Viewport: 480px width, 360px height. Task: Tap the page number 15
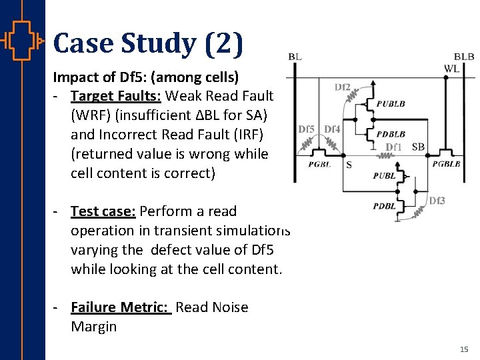click(x=464, y=349)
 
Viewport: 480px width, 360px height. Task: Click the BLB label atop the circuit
click(x=464, y=57)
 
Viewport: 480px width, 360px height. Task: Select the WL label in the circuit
click(x=452, y=68)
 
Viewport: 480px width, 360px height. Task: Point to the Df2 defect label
click(x=343, y=87)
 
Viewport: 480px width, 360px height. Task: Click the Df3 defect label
click(x=437, y=201)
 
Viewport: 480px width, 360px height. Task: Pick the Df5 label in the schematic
click(x=307, y=129)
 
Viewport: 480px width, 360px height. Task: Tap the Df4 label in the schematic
click(x=332, y=129)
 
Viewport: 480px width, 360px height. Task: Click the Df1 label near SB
click(x=394, y=147)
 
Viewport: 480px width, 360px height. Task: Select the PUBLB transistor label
click(x=390, y=104)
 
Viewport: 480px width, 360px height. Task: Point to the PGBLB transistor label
click(x=446, y=164)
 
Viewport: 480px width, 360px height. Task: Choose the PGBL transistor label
click(x=319, y=164)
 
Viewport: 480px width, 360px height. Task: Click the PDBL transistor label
click(x=385, y=206)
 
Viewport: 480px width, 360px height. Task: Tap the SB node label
click(x=418, y=147)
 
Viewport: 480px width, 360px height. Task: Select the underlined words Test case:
click(x=103, y=211)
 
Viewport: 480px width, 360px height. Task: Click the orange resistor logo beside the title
click(x=23, y=41)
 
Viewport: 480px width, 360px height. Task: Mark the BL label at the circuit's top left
click(x=295, y=57)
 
